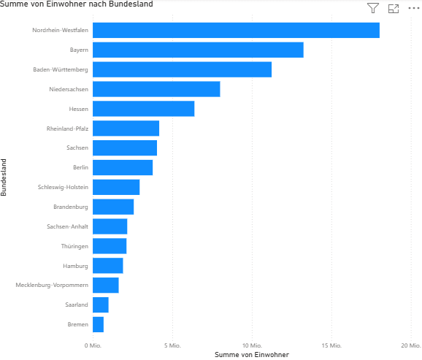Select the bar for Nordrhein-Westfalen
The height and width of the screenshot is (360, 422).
tap(236, 30)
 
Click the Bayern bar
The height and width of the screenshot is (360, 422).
tap(198, 50)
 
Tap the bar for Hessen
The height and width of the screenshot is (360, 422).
tap(143, 109)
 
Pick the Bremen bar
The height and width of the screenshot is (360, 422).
tap(98, 324)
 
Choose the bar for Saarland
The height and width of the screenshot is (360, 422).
tap(100, 305)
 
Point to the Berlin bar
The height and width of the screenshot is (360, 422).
tap(123, 167)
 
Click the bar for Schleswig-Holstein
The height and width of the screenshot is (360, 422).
tap(116, 187)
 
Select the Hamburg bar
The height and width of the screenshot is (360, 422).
tap(108, 265)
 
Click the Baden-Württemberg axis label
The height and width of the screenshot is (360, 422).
tap(61, 69)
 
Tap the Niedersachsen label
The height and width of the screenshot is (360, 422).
tap(69, 89)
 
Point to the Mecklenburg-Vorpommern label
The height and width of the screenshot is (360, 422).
tap(52, 285)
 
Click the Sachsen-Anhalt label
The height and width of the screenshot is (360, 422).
tap(67, 226)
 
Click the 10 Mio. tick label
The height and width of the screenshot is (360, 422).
tap(252, 345)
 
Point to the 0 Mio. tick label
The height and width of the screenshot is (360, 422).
tap(93, 345)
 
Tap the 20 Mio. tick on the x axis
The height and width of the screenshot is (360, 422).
tap(410, 345)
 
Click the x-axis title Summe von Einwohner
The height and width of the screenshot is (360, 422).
tap(252, 355)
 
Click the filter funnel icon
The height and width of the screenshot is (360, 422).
tap(373, 8)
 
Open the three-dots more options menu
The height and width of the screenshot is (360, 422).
tap(414, 8)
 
